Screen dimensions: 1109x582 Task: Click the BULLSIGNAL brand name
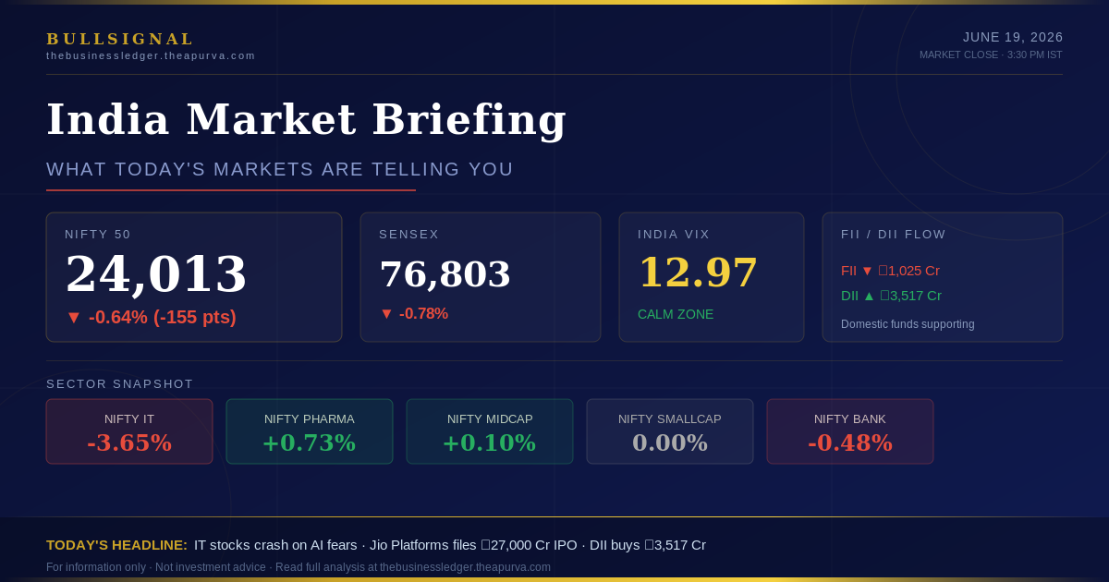120,39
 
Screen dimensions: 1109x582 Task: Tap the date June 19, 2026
1013,37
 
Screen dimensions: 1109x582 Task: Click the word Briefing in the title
469,120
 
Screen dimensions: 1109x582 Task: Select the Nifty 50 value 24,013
156,274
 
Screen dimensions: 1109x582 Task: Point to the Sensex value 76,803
445,273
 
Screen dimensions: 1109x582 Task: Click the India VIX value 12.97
698,272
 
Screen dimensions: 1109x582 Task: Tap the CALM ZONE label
676,314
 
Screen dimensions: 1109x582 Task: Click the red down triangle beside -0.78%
386,314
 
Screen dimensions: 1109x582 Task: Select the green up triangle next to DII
869,296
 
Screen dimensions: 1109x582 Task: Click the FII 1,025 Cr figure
909,271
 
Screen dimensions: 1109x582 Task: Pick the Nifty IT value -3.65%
129,443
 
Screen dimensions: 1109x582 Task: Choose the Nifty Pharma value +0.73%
310,443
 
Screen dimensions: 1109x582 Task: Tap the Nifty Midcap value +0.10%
490,443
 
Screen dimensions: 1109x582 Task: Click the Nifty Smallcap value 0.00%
670,443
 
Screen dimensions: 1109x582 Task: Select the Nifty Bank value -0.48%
850,443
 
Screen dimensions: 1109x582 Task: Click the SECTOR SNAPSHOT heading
119,384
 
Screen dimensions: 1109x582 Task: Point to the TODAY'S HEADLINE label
116,545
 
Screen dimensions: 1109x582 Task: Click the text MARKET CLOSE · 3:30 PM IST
991,55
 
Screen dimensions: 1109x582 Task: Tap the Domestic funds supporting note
908,324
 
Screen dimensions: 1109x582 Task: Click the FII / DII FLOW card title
893,234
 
